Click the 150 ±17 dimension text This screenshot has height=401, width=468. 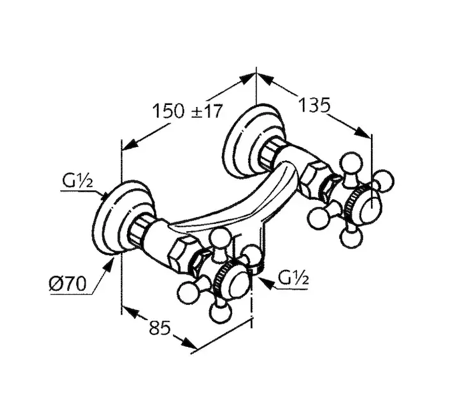pyautogui.click(x=187, y=111)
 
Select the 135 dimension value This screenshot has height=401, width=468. pyautogui.click(x=314, y=105)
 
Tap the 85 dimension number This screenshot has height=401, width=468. pyautogui.click(x=160, y=327)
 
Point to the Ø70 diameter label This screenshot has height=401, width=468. pyautogui.click(x=68, y=283)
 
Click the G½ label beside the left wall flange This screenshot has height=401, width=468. pyautogui.click(x=78, y=181)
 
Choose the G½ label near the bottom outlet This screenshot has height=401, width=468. pyautogui.click(x=293, y=279)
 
